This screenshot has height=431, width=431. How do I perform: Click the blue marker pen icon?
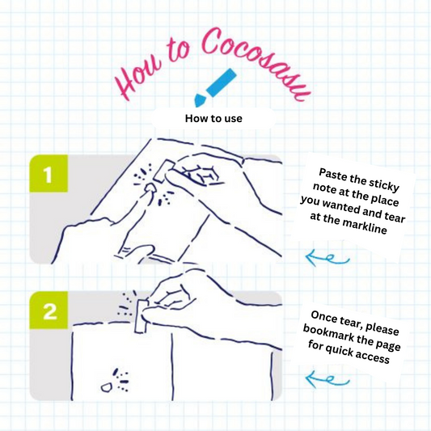click(215, 87)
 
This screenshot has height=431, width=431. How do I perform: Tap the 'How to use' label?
click(213, 119)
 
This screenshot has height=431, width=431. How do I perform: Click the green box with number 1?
click(49, 173)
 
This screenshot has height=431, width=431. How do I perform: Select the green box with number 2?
click(49, 311)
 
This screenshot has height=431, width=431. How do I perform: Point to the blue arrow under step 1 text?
click(327, 258)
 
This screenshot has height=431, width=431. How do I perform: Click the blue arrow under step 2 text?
click(327, 379)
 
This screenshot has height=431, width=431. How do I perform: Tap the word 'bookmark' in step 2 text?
click(326, 332)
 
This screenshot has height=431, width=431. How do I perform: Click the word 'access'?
click(374, 357)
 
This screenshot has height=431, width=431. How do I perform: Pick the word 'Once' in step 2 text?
click(323, 317)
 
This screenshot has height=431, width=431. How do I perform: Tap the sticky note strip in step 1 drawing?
click(163, 171)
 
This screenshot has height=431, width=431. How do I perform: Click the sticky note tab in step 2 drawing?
click(142, 316)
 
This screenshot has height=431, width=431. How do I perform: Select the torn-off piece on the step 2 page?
click(107, 387)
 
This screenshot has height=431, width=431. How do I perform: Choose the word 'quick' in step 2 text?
click(339, 349)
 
